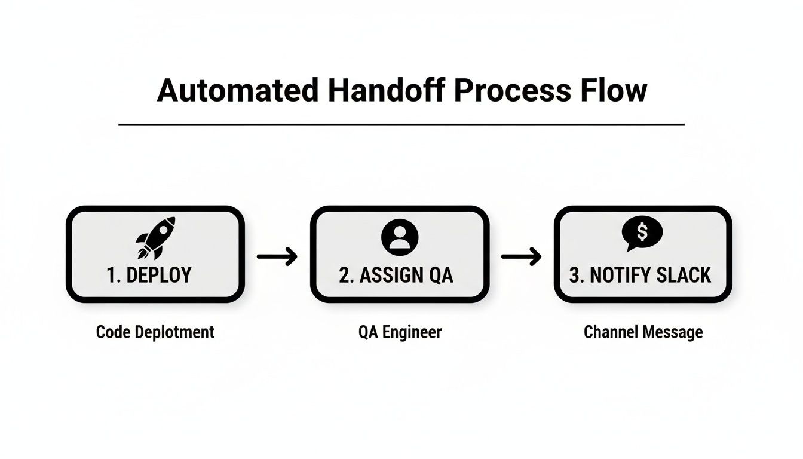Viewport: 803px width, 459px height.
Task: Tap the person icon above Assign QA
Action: coord(400,237)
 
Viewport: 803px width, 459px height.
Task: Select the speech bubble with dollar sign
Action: coord(642,233)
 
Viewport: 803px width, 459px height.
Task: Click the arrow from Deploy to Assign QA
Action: coord(277,256)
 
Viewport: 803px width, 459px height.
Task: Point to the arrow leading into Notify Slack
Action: coord(521,256)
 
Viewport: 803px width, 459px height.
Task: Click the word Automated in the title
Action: coord(237,91)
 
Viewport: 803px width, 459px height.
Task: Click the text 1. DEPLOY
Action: coord(149,275)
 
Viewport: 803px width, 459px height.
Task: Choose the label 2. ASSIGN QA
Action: coord(396,275)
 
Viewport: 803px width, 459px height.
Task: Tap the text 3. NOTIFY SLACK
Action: coord(640,275)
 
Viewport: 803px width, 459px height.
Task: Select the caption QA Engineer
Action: coord(400,332)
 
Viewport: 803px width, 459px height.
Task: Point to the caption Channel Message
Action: coord(643,332)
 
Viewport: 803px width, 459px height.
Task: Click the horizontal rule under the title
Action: coord(401,124)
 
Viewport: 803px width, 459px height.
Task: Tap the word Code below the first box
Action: coord(111,332)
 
